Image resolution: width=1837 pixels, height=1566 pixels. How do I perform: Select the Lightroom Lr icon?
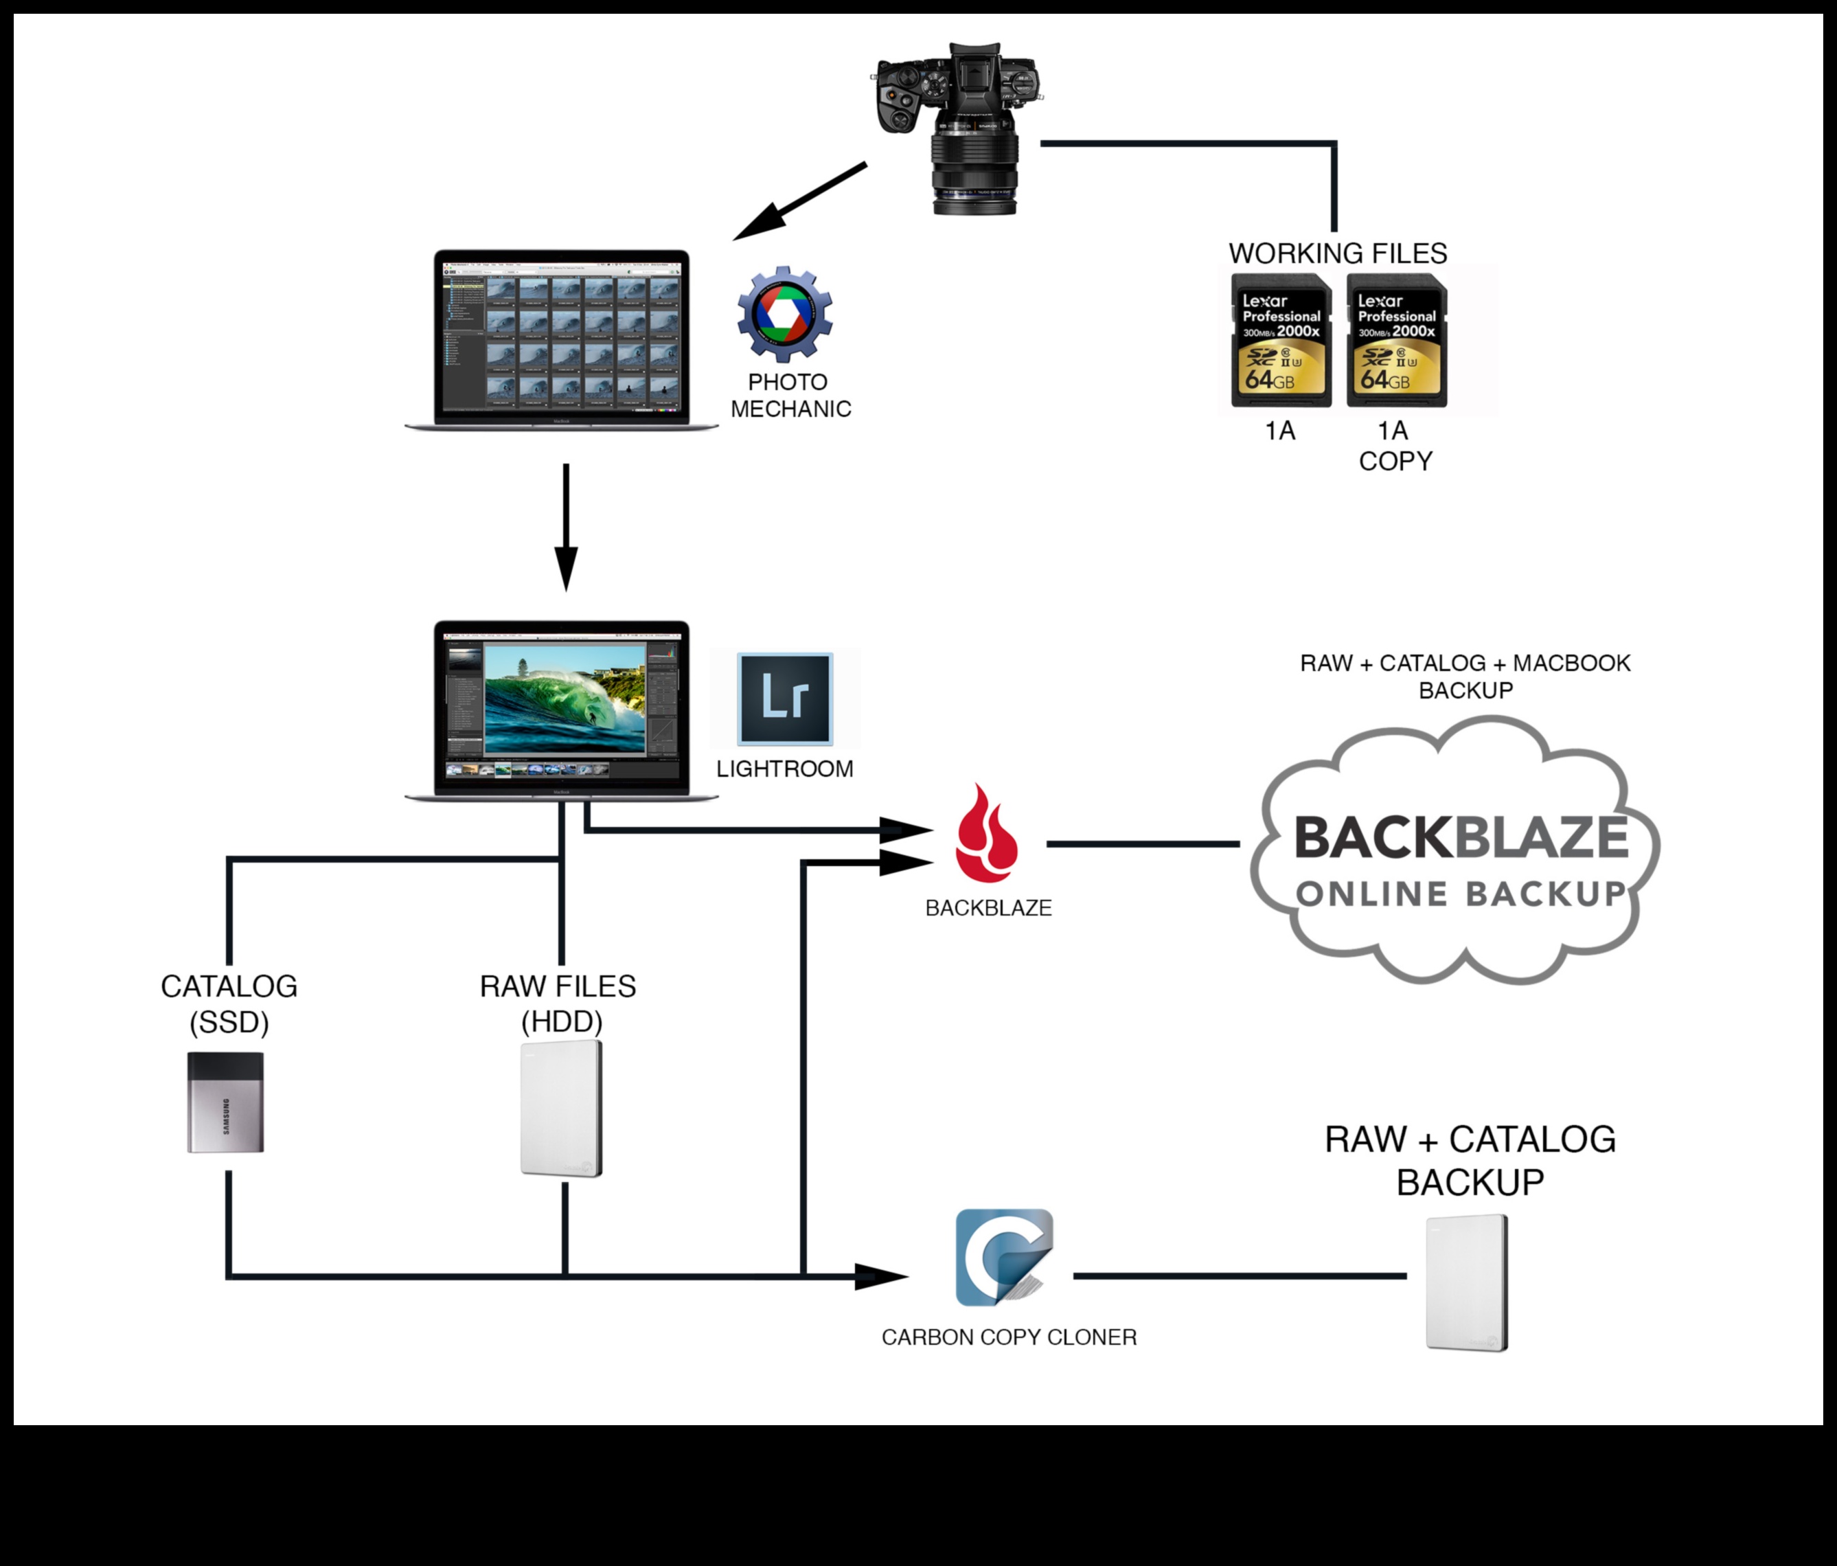pos(785,699)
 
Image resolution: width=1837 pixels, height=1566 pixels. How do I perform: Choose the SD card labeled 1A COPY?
pos(1396,341)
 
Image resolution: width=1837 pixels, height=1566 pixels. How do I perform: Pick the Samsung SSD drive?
pos(225,1102)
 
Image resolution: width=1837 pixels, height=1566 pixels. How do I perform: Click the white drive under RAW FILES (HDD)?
pos(561,1109)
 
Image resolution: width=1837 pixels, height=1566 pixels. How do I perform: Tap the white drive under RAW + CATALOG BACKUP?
pos(1466,1282)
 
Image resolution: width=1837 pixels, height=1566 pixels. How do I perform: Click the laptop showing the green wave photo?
pos(561,710)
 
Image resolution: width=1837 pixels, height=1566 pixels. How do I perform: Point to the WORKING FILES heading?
pos(1337,253)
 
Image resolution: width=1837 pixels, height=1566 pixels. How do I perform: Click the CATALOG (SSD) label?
pos(229,1003)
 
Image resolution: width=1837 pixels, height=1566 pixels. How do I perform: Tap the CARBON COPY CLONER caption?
pos(1008,1337)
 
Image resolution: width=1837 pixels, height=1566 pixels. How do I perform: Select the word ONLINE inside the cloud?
pos(1371,894)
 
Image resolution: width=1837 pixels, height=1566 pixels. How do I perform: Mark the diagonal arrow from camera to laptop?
pos(798,202)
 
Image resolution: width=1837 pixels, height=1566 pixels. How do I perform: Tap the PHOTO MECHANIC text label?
pos(790,396)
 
